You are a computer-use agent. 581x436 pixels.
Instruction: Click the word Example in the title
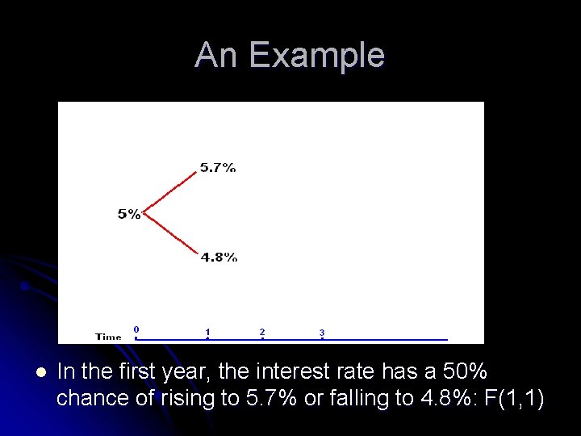pos(317,56)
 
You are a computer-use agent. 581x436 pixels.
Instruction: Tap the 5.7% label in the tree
pos(218,168)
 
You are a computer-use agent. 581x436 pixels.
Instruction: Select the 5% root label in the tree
pos(129,214)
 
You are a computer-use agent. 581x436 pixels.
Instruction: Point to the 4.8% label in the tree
pos(219,258)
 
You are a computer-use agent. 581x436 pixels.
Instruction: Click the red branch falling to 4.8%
pos(171,235)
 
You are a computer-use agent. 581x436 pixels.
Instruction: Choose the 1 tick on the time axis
pos(207,332)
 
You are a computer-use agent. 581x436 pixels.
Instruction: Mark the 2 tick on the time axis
pos(262,332)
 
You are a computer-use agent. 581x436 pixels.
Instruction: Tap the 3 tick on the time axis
pos(322,333)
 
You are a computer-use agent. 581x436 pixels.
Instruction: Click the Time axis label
pos(108,337)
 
